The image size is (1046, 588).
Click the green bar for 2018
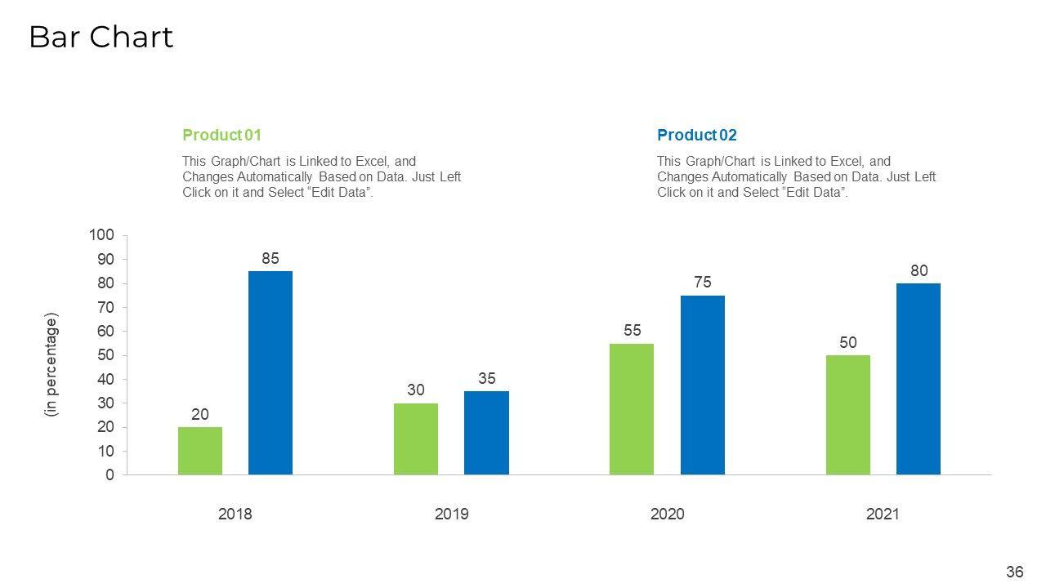pyautogui.click(x=200, y=451)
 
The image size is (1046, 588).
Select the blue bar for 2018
pyautogui.click(x=270, y=372)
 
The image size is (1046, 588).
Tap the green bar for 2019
pyautogui.click(x=416, y=439)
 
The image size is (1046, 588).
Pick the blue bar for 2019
pyautogui.click(x=486, y=433)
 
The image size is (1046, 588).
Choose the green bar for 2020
pyautogui.click(x=632, y=409)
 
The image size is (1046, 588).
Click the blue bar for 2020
pyautogui.click(x=703, y=385)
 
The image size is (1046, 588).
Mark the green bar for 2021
pyautogui.click(x=848, y=415)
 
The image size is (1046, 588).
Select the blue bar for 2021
pyautogui.click(x=919, y=379)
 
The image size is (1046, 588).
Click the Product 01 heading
pyautogui.click(x=222, y=135)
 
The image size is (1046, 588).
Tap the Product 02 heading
pyautogui.click(x=697, y=135)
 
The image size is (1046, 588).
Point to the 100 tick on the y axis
pyautogui.click(x=102, y=235)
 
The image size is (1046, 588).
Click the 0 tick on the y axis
pyautogui.click(x=110, y=475)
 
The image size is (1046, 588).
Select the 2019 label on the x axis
pyautogui.click(x=451, y=514)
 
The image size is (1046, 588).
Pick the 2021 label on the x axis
pyautogui.click(x=883, y=514)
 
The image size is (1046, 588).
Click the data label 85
pyautogui.click(x=270, y=258)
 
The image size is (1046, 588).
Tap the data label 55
pyautogui.click(x=632, y=331)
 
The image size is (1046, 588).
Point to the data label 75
pyautogui.click(x=703, y=283)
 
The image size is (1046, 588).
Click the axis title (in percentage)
pyautogui.click(x=52, y=365)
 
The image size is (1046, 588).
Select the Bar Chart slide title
pyautogui.click(x=101, y=38)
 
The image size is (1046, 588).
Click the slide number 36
pyautogui.click(x=1015, y=572)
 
